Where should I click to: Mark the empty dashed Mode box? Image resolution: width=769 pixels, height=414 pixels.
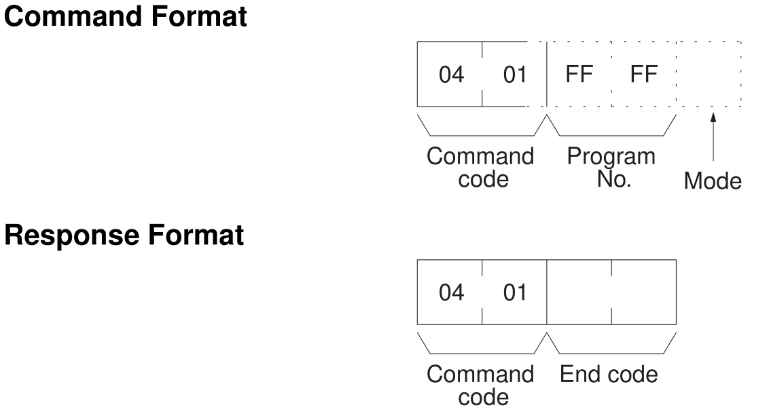709,75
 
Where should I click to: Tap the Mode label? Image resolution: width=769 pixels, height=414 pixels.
713,182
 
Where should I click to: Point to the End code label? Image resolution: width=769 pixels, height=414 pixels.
609,375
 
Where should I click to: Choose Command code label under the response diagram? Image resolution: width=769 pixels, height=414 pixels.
480,385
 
